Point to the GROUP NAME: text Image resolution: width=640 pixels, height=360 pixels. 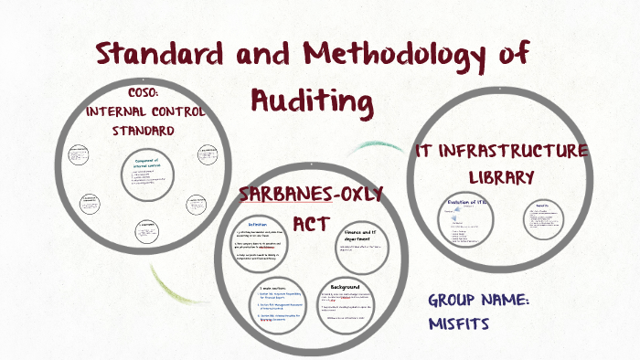tap(492, 301)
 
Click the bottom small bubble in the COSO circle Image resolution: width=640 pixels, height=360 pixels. tap(145, 230)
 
